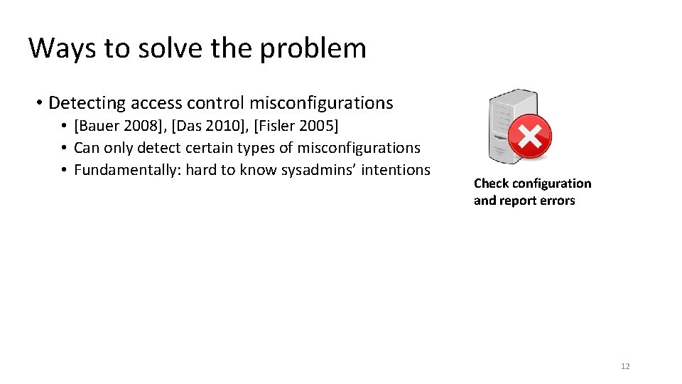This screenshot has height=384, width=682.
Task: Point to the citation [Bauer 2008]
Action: coord(119,127)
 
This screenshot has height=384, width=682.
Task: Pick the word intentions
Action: coord(395,169)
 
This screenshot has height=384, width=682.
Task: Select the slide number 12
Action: coord(625,366)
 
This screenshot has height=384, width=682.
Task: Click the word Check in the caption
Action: coord(492,183)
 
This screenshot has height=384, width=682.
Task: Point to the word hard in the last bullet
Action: coord(200,170)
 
